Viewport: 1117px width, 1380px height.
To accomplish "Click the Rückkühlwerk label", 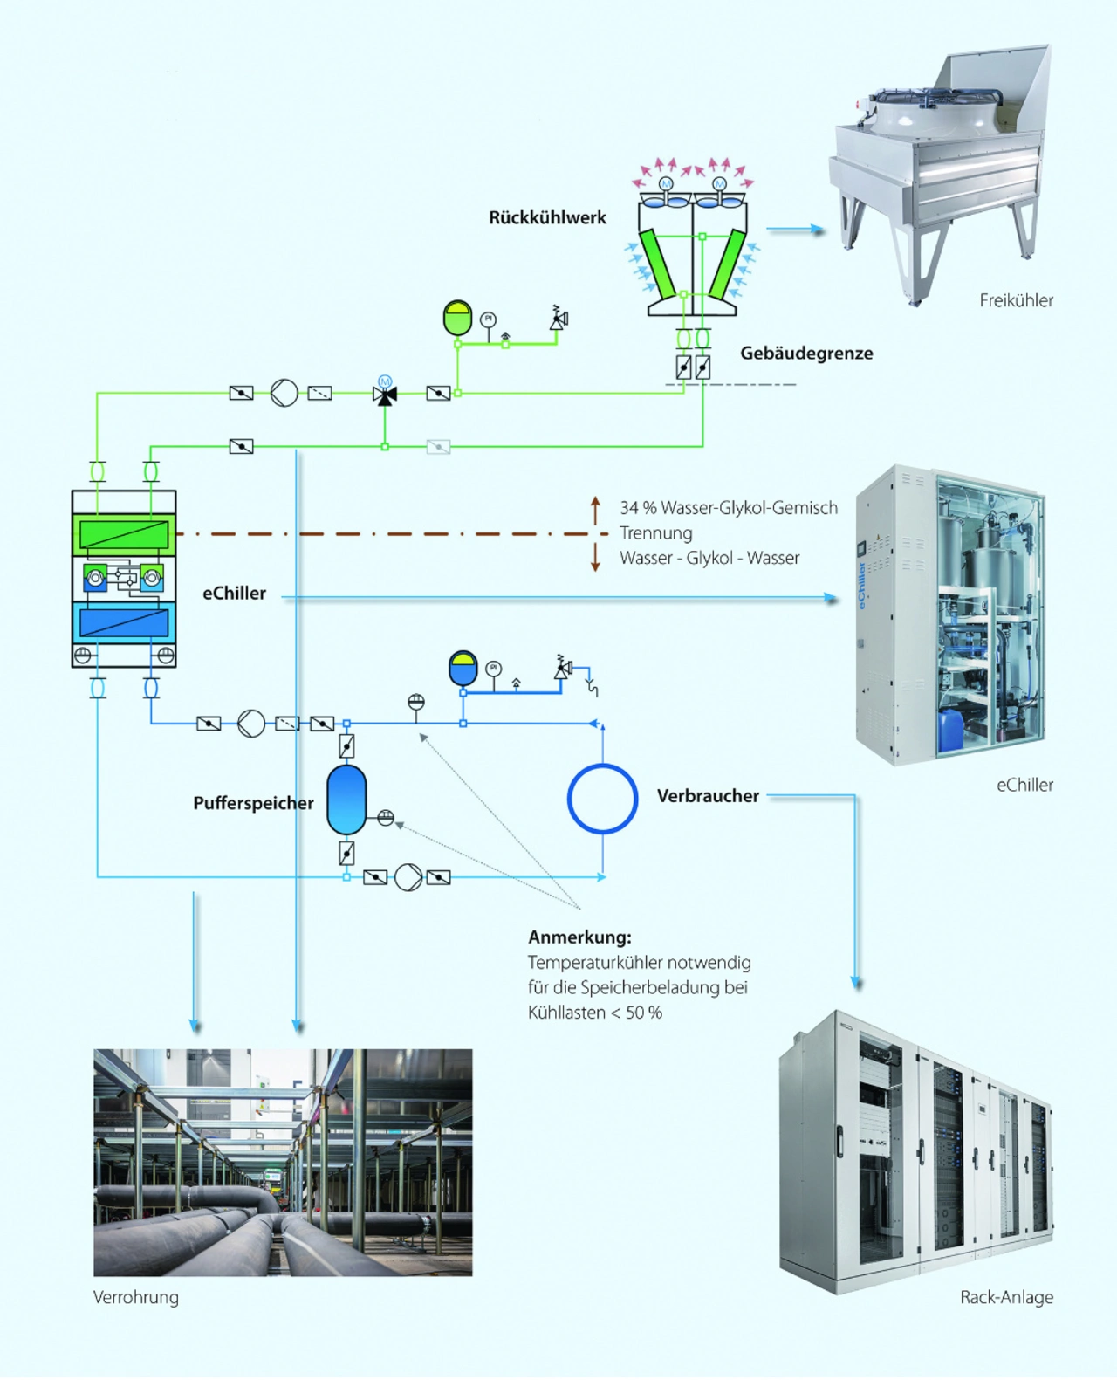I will click(x=547, y=218).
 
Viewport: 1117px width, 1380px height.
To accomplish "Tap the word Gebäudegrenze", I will click(x=806, y=354).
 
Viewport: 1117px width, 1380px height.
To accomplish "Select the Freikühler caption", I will click(x=1016, y=300).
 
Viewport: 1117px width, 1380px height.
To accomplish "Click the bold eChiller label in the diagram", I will click(x=234, y=594).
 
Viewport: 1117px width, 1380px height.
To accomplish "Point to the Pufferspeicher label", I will click(x=253, y=803).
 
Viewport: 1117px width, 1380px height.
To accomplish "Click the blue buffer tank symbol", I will click(x=346, y=800).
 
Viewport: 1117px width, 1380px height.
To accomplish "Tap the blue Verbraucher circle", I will click(x=602, y=799).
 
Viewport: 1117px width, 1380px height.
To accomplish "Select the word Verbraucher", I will click(x=708, y=796).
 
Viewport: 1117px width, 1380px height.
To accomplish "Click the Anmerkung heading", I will click(x=579, y=937).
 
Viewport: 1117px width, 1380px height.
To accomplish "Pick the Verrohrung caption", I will click(x=136, y=1297).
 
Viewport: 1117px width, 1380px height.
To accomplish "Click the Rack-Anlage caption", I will click(x=1006, y=1297).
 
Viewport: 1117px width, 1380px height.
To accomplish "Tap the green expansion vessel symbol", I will click(x=457, y=319).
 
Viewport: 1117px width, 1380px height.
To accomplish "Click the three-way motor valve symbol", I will click(x=385, y=394).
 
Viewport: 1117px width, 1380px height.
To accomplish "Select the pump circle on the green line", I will click(x=284, y=393).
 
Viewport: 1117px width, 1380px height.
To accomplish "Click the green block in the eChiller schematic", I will click(x=124, y=534).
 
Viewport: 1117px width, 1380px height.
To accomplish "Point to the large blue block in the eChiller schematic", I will click(x=124, y=622).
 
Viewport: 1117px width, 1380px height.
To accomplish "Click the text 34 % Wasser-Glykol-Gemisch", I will click(x=729, y=508).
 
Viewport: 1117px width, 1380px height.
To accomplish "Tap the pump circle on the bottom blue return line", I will click(x=408, y=877).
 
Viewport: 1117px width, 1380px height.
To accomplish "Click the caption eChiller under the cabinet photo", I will click(x=1024, y=785).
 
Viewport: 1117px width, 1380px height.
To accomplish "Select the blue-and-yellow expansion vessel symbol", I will click(x=463, y=668).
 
